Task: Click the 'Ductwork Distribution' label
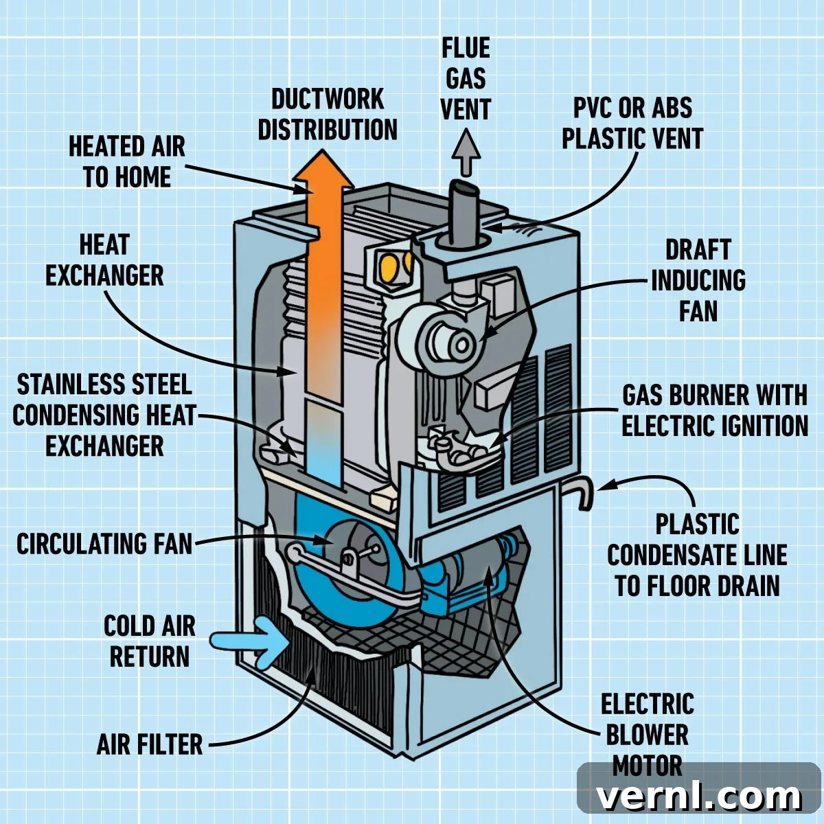coord(328,114)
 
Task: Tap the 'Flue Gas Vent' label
coord(466,79)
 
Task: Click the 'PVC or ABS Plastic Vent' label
coord(632,123)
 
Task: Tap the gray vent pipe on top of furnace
coord(463,213)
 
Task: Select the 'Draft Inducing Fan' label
coord(698,281)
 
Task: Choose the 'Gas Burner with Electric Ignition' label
coord(715,410)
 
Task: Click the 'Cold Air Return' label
coord(149,642)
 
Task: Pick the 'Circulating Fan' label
coord(104,544)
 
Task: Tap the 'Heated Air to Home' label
coord(127,162)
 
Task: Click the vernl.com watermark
coord(698,797)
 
